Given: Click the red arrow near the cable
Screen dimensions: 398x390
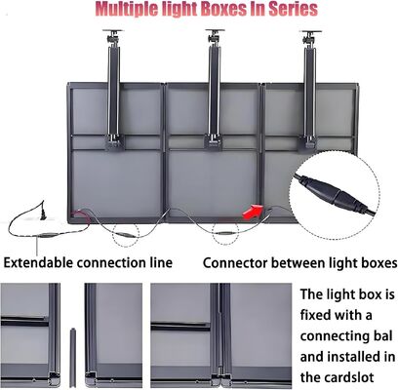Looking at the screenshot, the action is pos(253,212).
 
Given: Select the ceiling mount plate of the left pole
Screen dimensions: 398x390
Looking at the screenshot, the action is pos(113,31).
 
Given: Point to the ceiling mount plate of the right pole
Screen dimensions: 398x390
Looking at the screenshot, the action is pos(311,32).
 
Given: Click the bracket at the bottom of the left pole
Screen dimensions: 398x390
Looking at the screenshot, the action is pos(115,143).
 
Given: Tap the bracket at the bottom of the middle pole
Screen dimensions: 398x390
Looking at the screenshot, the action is pos(214,142).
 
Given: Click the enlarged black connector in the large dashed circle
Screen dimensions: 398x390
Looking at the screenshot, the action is pos(335,194).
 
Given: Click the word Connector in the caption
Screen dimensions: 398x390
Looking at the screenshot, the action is pos(235,263).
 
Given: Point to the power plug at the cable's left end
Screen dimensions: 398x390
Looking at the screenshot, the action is pos(42,214).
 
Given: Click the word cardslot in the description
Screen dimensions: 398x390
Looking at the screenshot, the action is pos(338,377).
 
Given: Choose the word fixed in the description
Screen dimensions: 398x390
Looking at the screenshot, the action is pos(315,315).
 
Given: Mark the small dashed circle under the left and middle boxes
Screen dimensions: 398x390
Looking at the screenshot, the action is pos(126,234).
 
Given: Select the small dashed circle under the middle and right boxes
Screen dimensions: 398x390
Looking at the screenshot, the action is pos(225,233).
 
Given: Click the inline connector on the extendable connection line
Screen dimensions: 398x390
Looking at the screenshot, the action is pos(48,235).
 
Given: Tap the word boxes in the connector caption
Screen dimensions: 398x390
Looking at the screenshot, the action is pos(378,263).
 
